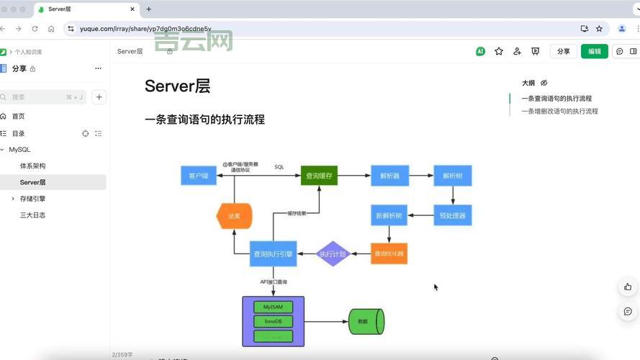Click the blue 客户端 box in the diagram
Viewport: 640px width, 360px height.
[x=199, y=176]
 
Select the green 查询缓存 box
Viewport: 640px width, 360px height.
[x=319, y=176]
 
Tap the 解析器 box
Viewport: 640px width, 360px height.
[x=390, y=176]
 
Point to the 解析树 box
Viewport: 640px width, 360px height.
[x=452, y=176]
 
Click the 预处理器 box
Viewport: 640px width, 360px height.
[x=452, y=215]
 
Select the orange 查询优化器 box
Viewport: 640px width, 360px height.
[x=389, y=253]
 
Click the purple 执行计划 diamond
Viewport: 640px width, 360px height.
[x=333, y=253]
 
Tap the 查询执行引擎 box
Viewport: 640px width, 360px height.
[x=273, y=253]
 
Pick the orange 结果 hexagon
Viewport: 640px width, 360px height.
[x=235, y=215]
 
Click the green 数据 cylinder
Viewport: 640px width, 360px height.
[x=366, y=321]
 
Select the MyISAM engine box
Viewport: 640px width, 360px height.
[x=273, y=307]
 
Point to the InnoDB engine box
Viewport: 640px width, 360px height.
[x=273, y=321]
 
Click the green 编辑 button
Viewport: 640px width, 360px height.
[x=594, y=51]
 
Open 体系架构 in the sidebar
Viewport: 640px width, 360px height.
[x=32, y=166]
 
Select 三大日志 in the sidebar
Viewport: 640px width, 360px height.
[x=32, y=215]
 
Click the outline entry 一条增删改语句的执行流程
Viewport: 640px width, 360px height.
[x=559, y=111]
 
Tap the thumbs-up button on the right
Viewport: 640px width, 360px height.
[x=628, y=287]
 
